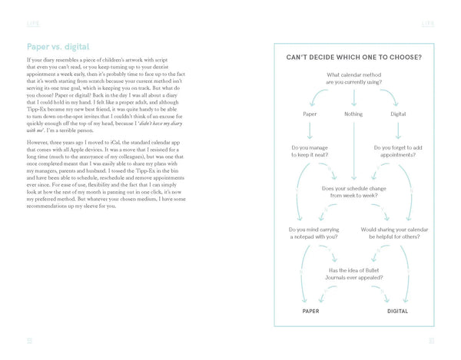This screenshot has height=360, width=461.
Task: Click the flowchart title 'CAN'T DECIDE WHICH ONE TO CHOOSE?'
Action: coord(353,57)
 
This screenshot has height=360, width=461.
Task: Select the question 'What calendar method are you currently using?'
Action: coord(353,78)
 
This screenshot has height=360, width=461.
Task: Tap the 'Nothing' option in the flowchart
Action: coord(353,114)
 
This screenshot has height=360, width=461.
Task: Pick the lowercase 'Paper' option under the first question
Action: coord(310,114)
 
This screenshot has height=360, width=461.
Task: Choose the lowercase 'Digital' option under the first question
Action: coord(397,114)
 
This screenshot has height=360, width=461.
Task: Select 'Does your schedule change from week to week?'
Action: coord(353,193)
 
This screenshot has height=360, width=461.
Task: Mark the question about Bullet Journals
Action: coord(353,274)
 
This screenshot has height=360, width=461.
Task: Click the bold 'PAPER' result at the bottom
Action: coord(310,312)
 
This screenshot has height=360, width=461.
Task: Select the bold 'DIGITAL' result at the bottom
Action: coord(397,312)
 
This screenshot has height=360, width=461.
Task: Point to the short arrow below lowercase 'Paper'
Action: coord(310,130)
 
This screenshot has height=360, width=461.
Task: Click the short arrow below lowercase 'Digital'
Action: coord(397,130)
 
